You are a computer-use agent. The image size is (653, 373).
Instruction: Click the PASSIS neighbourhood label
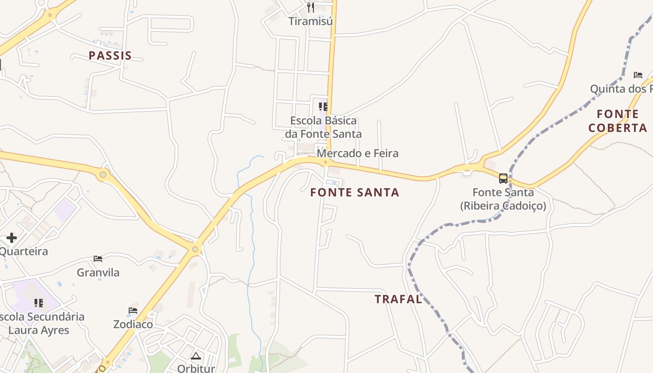[110, 56]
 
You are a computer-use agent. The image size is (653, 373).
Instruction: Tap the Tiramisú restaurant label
[310, 21]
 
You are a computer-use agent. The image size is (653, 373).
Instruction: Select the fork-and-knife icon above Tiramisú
[311, 7]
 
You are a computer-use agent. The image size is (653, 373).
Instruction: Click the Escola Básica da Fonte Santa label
[323, 127]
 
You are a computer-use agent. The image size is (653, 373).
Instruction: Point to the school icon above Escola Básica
[323, 107]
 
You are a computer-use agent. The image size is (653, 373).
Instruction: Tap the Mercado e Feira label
[358, 153]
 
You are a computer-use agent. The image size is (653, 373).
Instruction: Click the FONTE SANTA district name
[354, 193]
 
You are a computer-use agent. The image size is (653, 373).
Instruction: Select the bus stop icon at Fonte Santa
[503, 178]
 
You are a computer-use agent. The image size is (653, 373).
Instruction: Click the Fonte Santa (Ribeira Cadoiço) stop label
[503, 199]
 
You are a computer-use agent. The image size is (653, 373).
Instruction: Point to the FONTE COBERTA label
[618, 121]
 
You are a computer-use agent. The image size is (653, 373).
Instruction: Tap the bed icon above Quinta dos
[638, 75]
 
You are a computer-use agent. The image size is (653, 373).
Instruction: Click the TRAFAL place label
[398, 299]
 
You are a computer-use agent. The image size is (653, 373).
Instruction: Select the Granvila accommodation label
[98, 272]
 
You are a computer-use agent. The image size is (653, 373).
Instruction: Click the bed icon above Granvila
[98, 258]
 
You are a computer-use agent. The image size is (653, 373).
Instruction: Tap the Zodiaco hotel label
[133, 324]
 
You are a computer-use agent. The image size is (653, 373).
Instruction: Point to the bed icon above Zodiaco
[133, 311]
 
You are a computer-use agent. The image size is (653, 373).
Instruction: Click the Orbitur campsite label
[196, 368]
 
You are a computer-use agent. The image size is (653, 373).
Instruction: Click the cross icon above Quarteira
[12, 238]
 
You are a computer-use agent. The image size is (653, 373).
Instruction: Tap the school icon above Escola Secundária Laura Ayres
[39, 303]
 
